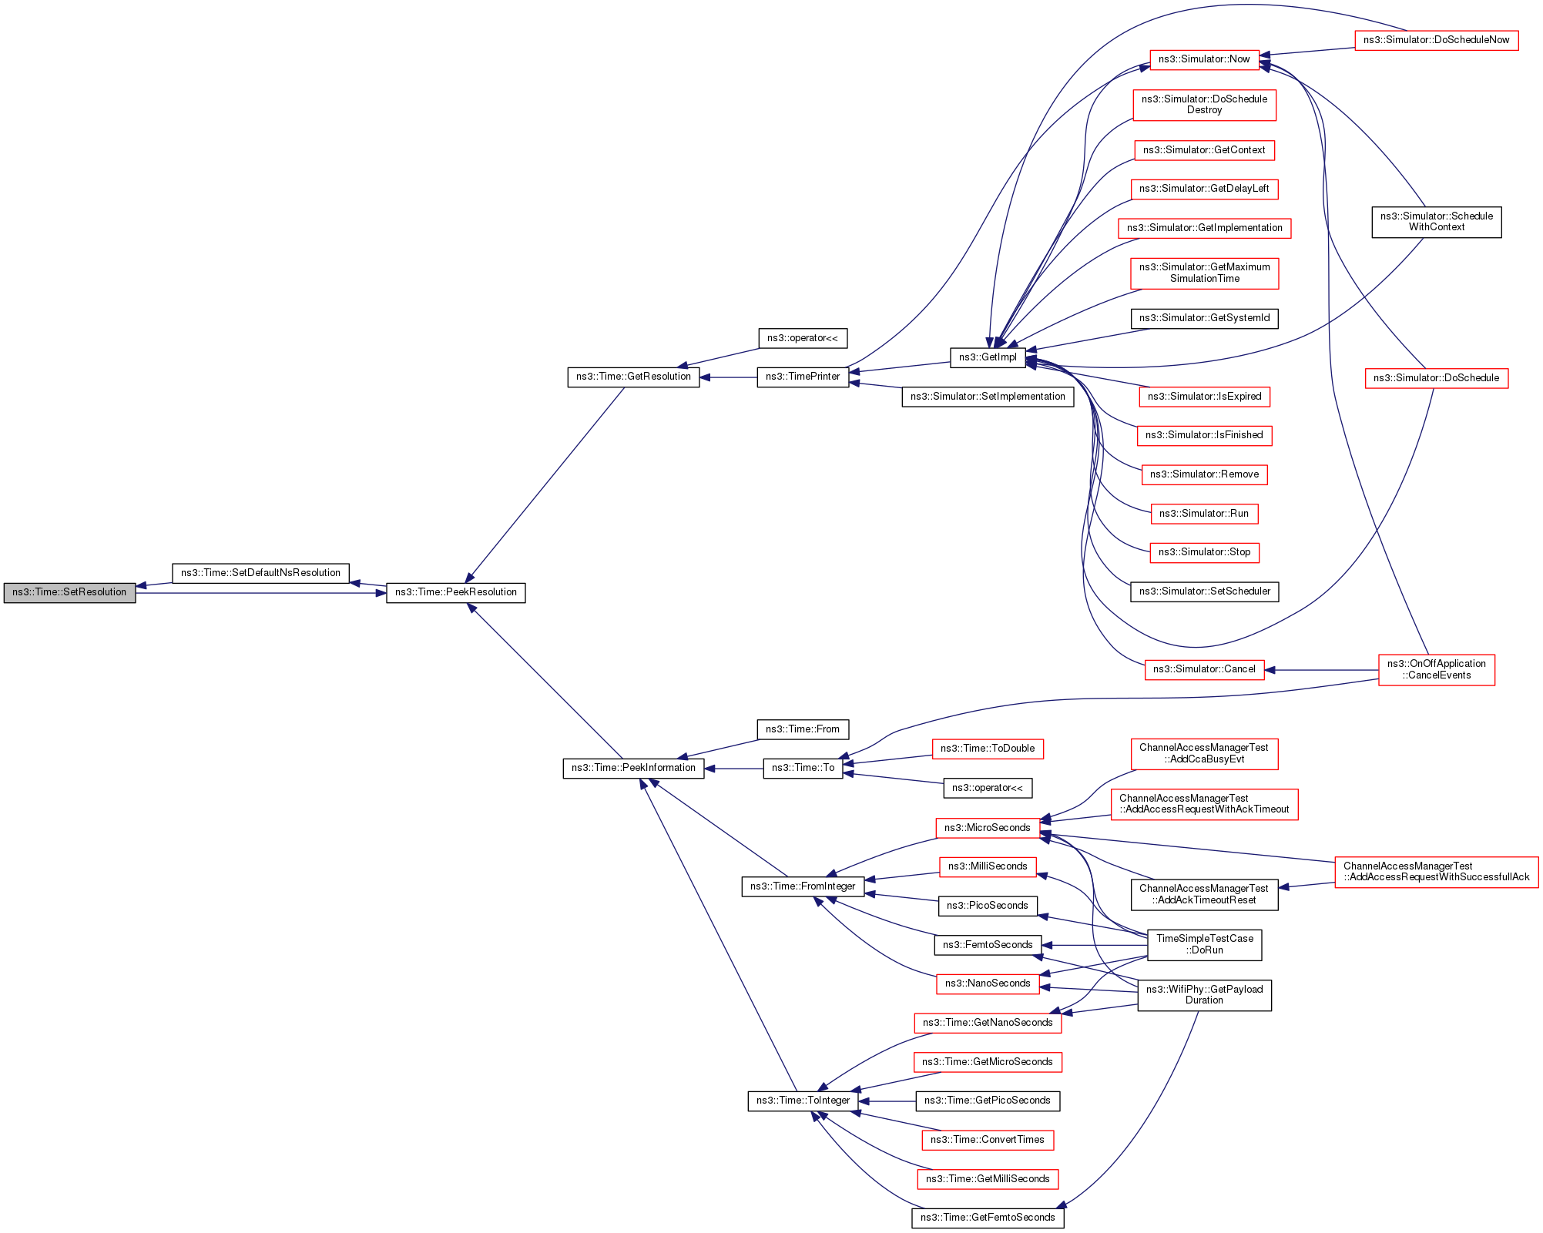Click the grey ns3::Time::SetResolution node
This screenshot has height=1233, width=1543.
69,592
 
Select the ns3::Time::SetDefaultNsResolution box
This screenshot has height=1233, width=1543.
260,573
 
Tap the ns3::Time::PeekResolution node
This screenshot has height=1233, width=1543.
455,592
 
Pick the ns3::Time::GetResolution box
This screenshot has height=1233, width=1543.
633,377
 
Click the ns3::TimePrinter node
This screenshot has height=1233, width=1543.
803,377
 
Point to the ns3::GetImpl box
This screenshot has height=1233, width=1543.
988,357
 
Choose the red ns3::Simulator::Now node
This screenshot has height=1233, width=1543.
1204,59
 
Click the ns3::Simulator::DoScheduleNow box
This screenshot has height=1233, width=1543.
1436,40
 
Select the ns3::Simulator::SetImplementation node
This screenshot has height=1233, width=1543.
988,397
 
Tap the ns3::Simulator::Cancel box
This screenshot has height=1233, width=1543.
1204,669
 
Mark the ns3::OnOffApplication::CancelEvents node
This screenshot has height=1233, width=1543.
1436,669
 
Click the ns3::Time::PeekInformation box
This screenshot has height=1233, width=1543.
633,768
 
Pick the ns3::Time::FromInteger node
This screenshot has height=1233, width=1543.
803,886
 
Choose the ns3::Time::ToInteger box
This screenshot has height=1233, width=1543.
803,1101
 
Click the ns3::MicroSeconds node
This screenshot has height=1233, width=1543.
987,828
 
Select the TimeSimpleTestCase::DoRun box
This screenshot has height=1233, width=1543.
1204,944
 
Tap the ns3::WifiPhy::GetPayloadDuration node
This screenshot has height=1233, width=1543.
1204,995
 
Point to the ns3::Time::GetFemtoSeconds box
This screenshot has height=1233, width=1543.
988,1218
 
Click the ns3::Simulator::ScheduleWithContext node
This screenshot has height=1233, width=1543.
1436,222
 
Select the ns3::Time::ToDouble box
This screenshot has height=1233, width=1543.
987,749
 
